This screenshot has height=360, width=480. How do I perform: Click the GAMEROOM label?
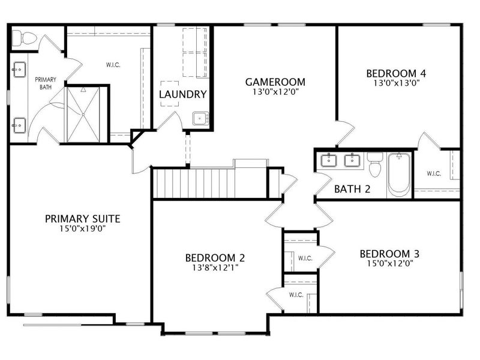tap(275, 82)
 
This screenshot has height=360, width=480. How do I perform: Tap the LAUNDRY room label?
tap(183, 94)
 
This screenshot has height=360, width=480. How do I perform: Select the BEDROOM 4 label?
tap(396, 73)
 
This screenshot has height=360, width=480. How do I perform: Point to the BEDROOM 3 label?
tap(389, 254)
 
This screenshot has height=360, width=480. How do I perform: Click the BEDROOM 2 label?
tap(215, 258)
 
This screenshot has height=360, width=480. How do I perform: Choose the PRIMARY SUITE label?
tap(83, 219)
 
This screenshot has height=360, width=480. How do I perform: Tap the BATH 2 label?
tap(352, 189)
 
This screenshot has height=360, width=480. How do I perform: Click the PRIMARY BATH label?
tap(46, 83)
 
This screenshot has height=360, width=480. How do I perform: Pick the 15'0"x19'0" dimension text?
tap(83, 229)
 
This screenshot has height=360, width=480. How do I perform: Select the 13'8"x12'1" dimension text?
tap(215, 268)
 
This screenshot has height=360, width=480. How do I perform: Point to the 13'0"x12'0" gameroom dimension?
tap(275, 92)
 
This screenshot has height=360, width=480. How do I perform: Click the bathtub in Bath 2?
tap(399, 175)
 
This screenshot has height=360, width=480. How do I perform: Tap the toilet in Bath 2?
tap(375, 164)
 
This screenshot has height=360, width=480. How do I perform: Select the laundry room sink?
tap(201, 118)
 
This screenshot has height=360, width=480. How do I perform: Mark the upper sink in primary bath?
tap(19, 70)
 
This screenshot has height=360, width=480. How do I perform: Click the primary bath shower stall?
tap(83, 115)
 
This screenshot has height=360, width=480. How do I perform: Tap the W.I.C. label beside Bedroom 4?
tap(434, 173)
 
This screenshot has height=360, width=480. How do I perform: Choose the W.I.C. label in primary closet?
tap(113, 65)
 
